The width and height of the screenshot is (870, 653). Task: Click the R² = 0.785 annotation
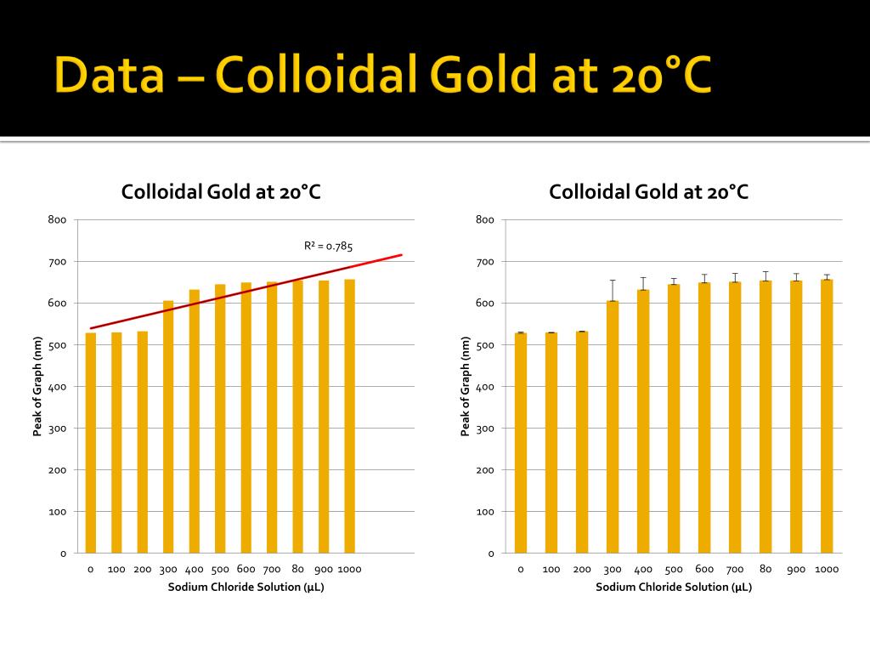328,246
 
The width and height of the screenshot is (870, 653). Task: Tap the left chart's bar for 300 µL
168,427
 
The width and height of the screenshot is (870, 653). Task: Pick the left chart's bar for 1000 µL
349,417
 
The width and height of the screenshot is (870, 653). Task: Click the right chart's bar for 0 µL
521,443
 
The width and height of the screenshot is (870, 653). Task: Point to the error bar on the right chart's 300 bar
613,291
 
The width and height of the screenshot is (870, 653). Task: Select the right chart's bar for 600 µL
704,418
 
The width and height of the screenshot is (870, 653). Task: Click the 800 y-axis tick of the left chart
57,220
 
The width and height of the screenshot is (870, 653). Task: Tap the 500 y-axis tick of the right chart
485,345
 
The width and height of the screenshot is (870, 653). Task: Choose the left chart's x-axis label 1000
349,569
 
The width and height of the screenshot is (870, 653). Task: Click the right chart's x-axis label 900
795,569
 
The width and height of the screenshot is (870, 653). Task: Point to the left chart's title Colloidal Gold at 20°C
221,192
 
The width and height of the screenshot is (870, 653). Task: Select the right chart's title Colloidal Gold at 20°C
648,192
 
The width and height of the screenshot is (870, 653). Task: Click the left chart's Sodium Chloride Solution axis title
246,587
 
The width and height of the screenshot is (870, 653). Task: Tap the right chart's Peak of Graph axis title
465,387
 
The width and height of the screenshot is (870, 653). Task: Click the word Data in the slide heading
110,74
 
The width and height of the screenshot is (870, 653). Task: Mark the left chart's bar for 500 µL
220,418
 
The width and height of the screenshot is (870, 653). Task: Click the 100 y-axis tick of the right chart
485,512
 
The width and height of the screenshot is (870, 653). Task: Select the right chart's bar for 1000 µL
827,417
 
